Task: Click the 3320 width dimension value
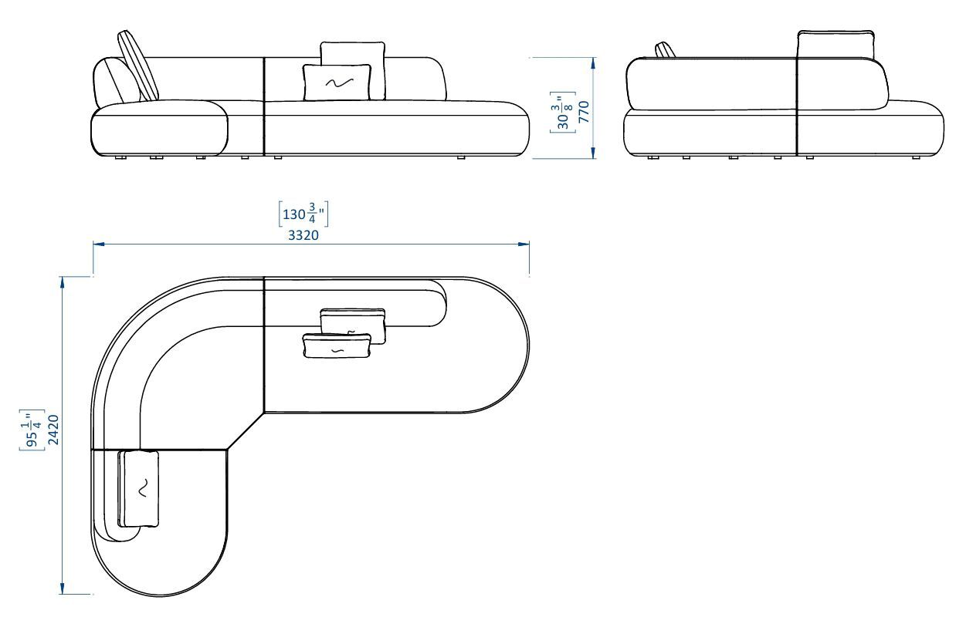tap(303, 235)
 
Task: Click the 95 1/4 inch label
tap(33, 430)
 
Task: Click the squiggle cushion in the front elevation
tap(337, 83)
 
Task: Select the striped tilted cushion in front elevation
tap(138, 66)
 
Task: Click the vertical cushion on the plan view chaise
tap(139, 488)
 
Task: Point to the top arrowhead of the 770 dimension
tap(593, 62)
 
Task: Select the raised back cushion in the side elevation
tap(836, 45)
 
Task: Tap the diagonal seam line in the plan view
tap(246, 430)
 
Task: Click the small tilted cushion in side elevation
tap(665, 50)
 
